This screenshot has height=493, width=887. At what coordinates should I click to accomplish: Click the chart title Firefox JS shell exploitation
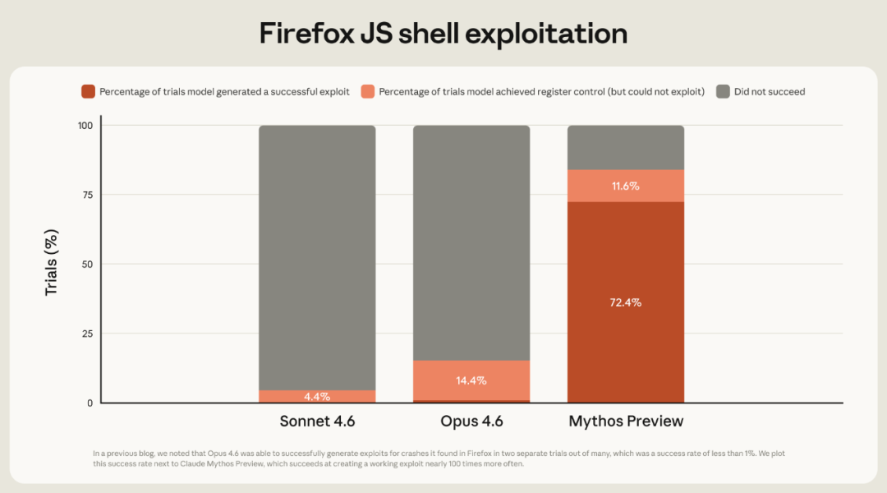[x=443, y=33]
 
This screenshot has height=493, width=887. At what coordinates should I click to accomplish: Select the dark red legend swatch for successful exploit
[x=88, y=91]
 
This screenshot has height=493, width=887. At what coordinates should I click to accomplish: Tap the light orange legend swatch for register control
[x=367, y=91]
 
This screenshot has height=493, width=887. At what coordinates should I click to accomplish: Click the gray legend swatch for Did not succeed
[x=723, y=91]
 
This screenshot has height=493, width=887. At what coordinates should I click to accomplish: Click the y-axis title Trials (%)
[x=52, y=264]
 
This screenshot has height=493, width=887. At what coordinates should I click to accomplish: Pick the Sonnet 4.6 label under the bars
[x=317, y=422]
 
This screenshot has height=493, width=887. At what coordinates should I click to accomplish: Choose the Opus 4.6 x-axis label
[x=471, y=422]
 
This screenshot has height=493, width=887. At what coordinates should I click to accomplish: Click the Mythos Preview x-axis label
[x=626, y=422]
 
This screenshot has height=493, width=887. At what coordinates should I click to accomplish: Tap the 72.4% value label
[x=626, y=302]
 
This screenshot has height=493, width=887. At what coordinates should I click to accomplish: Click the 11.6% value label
[x=626, y=187]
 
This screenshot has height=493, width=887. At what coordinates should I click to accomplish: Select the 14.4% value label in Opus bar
[x=471, y=380]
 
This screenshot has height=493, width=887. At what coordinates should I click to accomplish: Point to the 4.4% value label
[x=317, y=397]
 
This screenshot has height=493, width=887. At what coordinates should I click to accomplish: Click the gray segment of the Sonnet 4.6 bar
[x=317, y=255]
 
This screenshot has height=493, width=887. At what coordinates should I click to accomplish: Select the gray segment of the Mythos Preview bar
[x=626, y=148]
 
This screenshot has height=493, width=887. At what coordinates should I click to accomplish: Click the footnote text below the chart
[x=443, y=458]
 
